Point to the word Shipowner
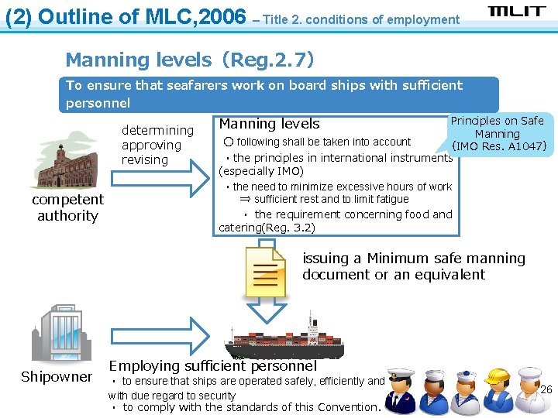(57, 377)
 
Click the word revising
(145, 160)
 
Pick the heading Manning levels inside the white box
(269, 124)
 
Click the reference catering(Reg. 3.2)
(267, 228)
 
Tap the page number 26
(546, 389)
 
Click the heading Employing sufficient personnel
(213, 366)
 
